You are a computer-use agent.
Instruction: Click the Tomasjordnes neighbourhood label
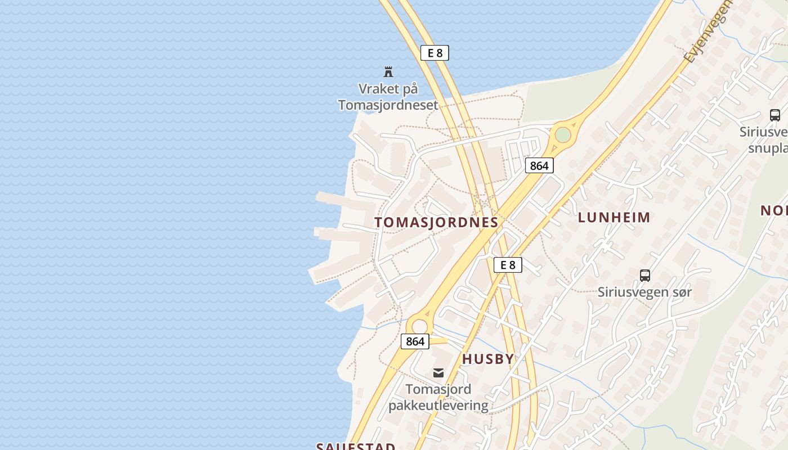436,222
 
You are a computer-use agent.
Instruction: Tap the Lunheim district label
614,217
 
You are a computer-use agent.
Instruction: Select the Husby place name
488,359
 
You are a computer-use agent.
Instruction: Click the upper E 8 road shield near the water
435,53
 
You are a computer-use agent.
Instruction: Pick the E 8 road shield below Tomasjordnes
508,265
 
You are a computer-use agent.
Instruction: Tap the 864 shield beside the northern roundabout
539,165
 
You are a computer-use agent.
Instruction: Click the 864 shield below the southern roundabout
415,341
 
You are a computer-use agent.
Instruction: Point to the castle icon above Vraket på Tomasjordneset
388,71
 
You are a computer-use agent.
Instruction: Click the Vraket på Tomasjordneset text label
388,97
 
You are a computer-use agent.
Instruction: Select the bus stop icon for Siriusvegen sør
645,276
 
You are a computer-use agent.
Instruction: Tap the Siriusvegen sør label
644,292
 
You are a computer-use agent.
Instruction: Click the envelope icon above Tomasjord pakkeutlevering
438,372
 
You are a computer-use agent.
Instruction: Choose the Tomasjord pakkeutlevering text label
438,397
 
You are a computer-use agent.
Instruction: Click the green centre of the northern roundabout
562,135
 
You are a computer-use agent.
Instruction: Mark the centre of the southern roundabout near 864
419,326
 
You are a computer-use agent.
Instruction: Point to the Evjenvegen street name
708,31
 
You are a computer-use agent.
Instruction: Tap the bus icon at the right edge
775,115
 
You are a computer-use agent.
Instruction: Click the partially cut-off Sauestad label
356,446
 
